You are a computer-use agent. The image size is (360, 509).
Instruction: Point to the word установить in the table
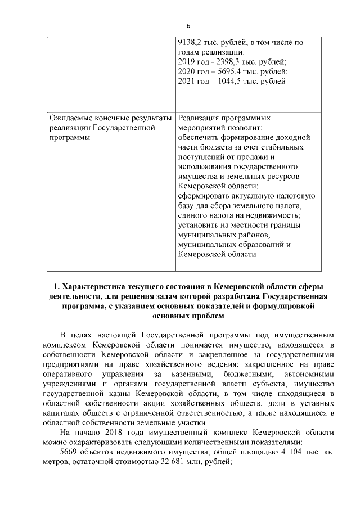pos(197,225)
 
